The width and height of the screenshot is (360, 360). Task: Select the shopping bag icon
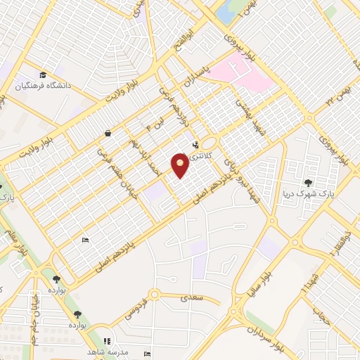click(x=107, y=133)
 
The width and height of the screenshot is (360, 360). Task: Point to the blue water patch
click(x=226, y=11)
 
